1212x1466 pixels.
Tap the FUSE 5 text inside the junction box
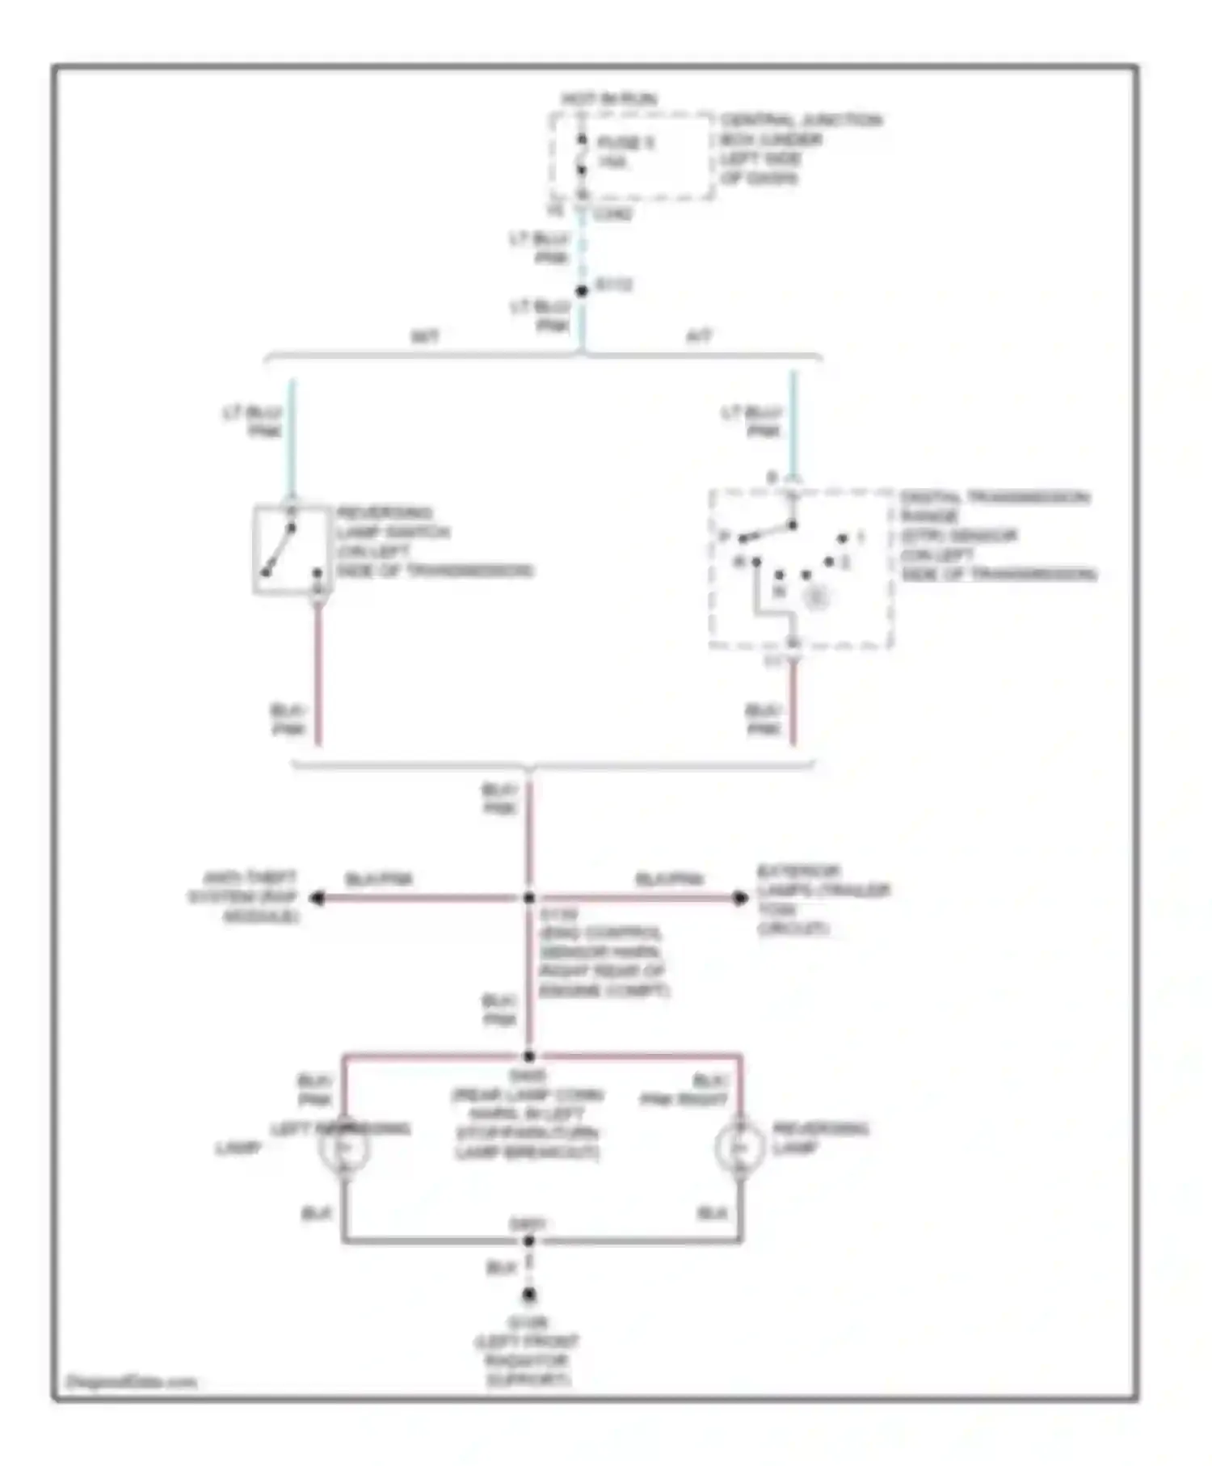[x=625, y=143]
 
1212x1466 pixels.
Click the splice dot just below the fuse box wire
[x=582, y=291]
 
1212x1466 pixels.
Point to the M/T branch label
[x=426, y=336]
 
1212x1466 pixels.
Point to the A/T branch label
[x=699, y=336]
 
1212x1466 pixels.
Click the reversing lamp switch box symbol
[x=291, y=550]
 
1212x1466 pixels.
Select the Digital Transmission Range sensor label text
[x=997, y=535]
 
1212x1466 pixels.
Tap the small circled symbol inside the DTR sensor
[x=818, y=598]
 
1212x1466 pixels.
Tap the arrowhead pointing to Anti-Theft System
[x=318, y=898]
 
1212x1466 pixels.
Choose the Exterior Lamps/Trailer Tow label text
[x=823, y=899]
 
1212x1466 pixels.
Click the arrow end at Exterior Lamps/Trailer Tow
[x=739, y=898]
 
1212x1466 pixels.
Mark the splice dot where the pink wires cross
[x=529, y=898]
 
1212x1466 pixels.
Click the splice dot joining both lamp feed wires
[x=529, y=1056]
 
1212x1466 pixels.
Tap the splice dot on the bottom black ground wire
[x=529, y=1241]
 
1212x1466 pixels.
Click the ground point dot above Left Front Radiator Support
[x=529, y=1295]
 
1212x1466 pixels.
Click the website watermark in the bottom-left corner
[x=131, y=1381]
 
